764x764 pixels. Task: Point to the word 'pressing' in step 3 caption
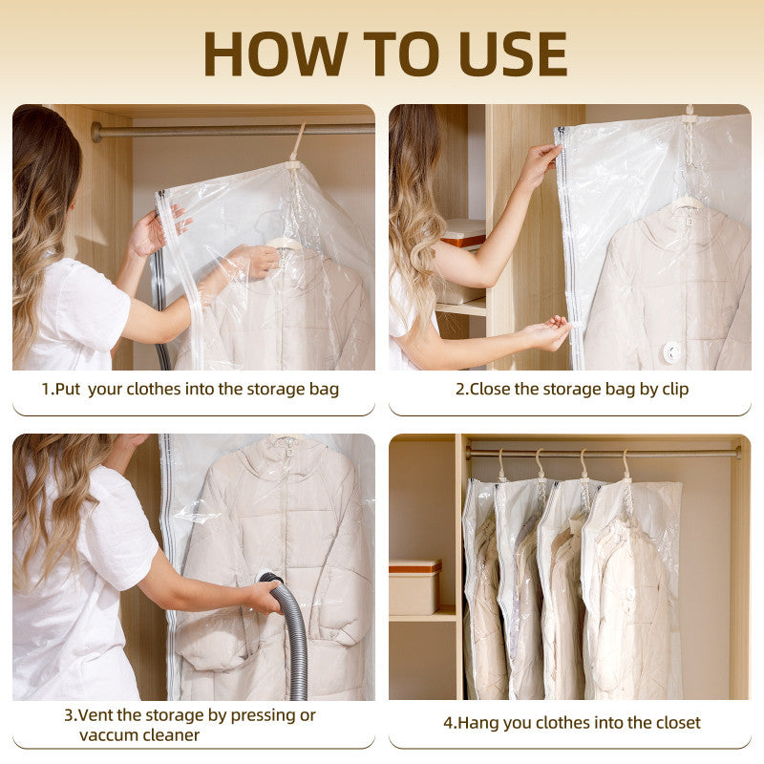pyautogui.click(x=263, y=715)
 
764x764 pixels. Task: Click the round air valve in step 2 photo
pyautogui.click(x=672, y=351)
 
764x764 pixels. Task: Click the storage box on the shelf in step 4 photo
pyautogui.click(x=414, y=587)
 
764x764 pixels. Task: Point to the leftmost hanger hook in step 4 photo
pyautogui.click(x=501, y=463)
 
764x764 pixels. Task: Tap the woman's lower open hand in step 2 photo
pyautogui.click(x=551, y=332)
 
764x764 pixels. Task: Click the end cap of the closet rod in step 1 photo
pyautogui.click(x=96, y=132)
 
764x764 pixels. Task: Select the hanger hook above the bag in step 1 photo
pyautogui.click(x=298, y=142)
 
